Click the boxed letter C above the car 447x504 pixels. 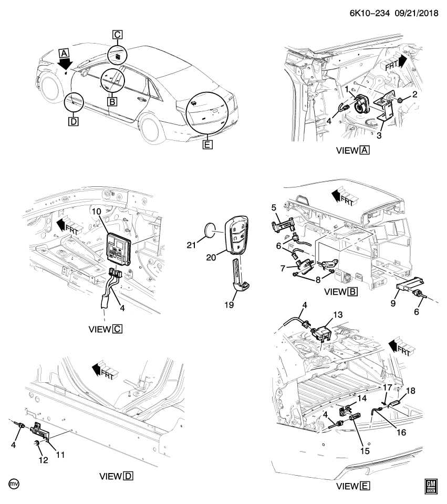(x=117, y=35)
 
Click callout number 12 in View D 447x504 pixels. (x=42, y=459)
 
